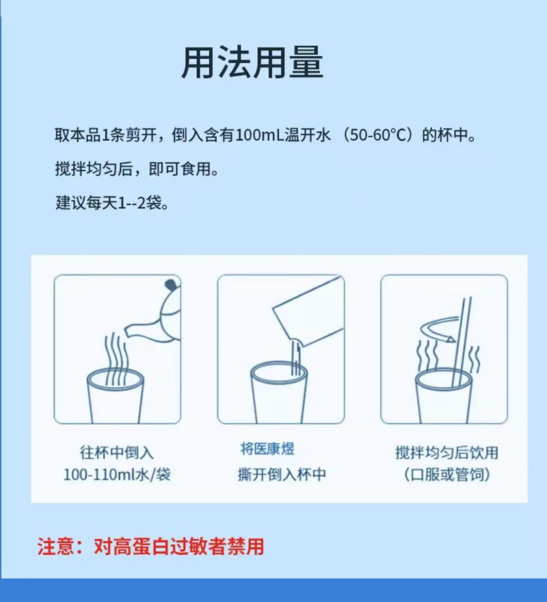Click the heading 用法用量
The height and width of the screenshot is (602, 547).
tap(252, 64)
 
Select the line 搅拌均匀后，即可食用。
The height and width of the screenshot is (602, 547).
tap(137, 169)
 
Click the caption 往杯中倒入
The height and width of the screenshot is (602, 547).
tap(117, 452)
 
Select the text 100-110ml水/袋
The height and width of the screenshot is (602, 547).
tap(117, 474)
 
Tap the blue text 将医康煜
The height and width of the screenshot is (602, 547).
tap(267, 449)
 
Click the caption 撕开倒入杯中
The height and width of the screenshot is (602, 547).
tap(282, 474)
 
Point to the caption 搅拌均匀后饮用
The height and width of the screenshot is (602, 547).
tap(446, 452)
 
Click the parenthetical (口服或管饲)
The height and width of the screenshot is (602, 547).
tap(446, 474)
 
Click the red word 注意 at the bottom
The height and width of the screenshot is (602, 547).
tap(56, 547)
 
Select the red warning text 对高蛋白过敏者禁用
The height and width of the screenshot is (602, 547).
tap(178, 547)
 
